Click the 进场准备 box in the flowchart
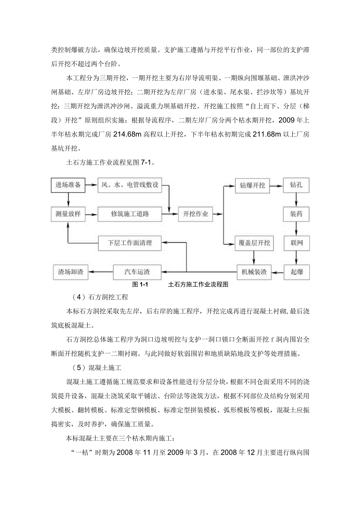(x=68, y=185)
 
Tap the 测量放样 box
(x=68, y=214)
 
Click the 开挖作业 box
(x=195, y=214)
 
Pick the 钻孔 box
(x=296, y=185)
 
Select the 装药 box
(x=296, y=214)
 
